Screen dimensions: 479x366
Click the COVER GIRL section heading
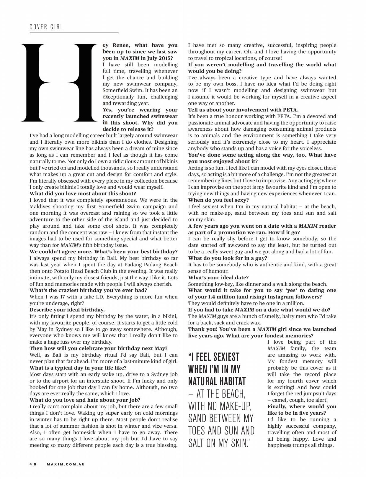coord(46,27)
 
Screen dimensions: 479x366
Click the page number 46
coord(33,464)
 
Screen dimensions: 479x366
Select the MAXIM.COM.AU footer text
coord(66,464)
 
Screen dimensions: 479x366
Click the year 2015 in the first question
coord(164,58)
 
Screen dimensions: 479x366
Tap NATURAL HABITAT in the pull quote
coord(217,381)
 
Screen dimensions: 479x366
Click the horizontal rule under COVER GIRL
coord(74,33)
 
